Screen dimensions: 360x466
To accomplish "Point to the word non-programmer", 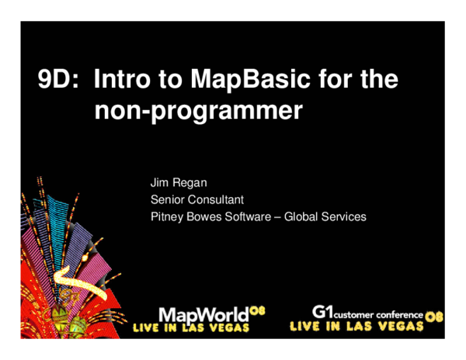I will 197,111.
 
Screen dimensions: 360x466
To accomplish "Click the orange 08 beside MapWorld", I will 257,310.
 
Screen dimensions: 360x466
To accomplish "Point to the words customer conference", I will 378,315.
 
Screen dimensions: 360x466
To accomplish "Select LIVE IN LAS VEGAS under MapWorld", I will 191,328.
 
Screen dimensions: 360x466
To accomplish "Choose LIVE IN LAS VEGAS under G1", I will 356,327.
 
